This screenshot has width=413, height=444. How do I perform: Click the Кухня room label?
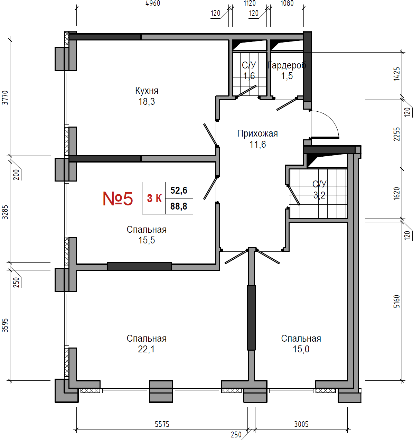pyautogui.click(x=147, y=91)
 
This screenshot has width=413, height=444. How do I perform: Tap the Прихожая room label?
pyautogui.click(x=257, y=134)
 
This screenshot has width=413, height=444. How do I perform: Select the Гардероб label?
pyautogui.click(x=287, y=65)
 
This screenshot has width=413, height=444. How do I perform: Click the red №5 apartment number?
pyautogui.click(x=118, y=198)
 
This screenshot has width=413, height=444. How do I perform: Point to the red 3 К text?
pyautogui.click(x=154, y=198)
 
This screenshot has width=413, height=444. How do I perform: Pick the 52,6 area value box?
pyautogui.click(x=179, y=190)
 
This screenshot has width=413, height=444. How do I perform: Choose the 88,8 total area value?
pyautogui.click(x=179, y=206)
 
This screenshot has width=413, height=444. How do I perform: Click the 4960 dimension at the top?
pyautogui.click(x=153, y=3)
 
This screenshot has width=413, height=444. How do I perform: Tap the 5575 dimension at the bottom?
pyautogui.click(x=162, y=424)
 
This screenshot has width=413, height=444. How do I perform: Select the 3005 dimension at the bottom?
pyautogui.click(x=301, y=424)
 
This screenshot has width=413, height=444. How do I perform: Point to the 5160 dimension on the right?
pyautogui.click(x=396, y=302)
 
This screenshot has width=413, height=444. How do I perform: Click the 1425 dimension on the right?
pyautogui.click(x=396, y=74)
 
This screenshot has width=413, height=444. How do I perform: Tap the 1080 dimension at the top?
pyautogui.click(x=287, y=3)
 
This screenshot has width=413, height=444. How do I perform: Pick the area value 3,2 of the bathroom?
pyautogui.click(x=319, y=195)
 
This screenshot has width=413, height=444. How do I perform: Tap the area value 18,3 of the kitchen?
pyautogui.click(x=147, y=102)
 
